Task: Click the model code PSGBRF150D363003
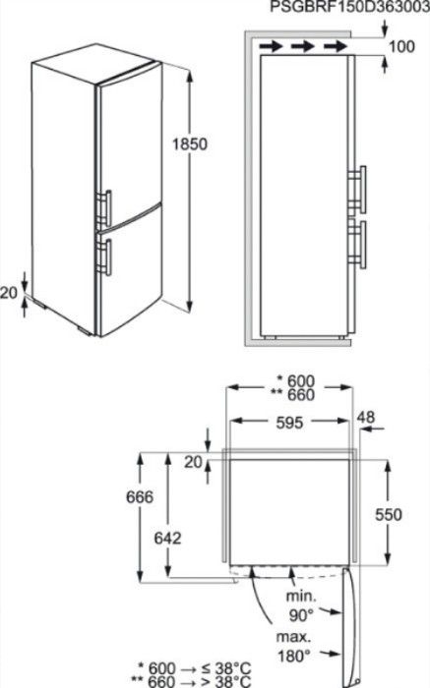tap(349, 7)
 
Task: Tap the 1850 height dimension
tap(189, 143)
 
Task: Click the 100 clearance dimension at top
tap(401, 46)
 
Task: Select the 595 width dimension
tap(289, 423)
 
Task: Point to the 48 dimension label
tap(365, 417)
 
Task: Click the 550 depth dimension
tap(389, 514)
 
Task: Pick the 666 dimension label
tap(140, 497)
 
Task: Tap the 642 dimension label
tap(168, 538)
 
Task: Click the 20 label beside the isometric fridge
tap(8, 293)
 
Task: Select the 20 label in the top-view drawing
tap(193, 462)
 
